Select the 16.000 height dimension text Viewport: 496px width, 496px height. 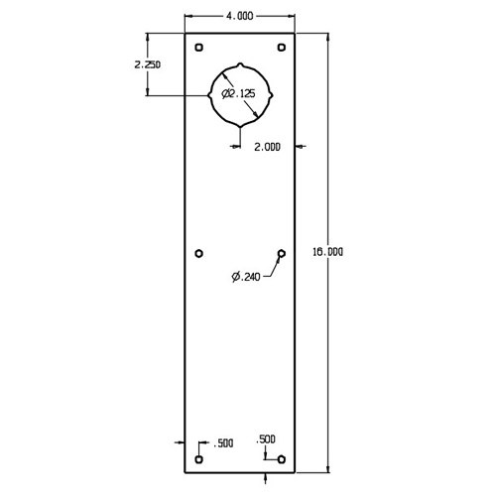coord(328,252)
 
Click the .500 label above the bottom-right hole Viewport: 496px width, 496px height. coord(266,437)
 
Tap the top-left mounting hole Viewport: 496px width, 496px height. coord(199,48)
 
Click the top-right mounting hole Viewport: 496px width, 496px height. coord(281,48)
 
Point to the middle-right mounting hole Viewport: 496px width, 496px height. coord(281,254)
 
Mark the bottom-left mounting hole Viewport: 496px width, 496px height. coord(199,460)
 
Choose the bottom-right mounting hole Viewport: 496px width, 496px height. coord(281,460)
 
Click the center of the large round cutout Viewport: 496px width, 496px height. coord(240,94)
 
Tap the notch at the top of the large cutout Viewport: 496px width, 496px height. coord(240,63)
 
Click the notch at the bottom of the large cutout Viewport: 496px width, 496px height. coord(240,126)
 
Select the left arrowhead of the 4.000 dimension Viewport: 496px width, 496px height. coord(190,18)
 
